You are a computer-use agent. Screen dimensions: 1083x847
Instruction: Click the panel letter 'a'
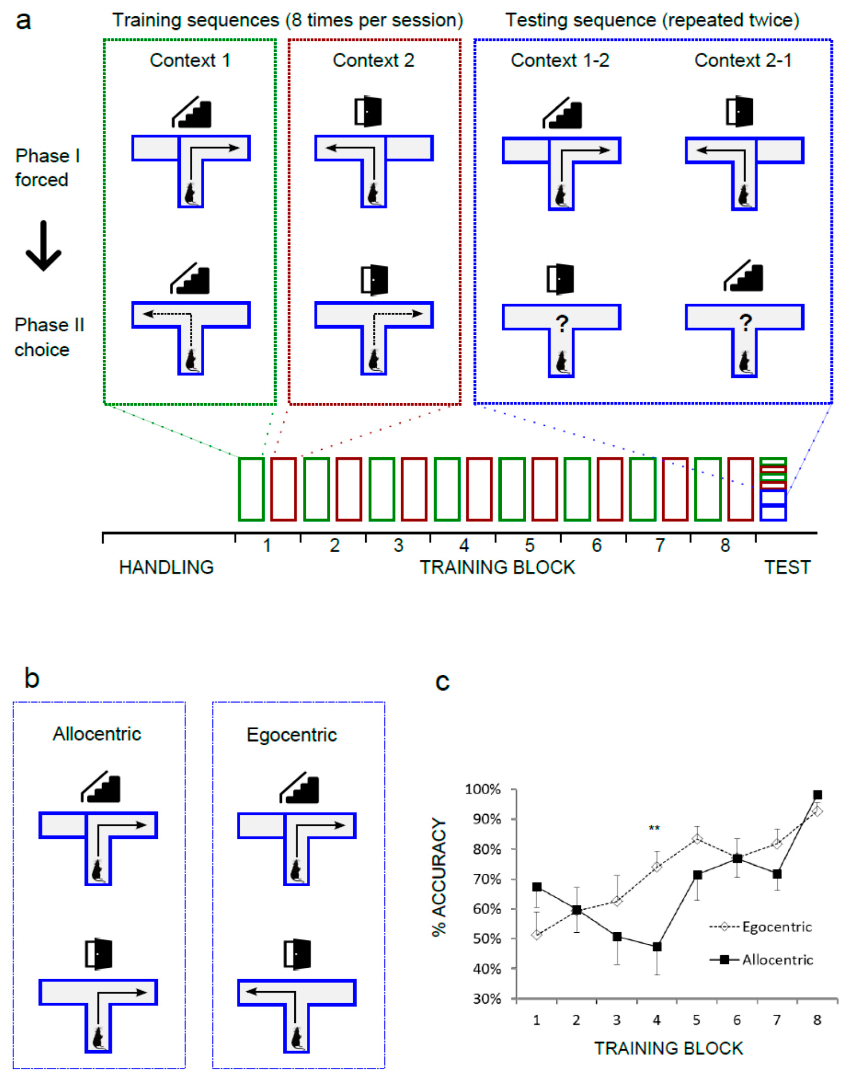pos(23,22)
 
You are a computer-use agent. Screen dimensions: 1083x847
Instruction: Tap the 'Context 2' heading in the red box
pos(373,61)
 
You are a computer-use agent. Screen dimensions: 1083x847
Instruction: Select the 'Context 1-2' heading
pos(560,61)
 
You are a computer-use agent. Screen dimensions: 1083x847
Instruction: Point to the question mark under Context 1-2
pos(561,323)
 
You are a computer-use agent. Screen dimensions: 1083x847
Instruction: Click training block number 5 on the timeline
pos(529,545)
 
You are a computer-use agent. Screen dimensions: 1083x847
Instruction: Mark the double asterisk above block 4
pos(654,828)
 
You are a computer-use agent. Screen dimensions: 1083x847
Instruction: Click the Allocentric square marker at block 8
pos(817,795)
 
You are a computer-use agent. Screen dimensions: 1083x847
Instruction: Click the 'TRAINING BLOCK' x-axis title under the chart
pos(668,1048)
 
